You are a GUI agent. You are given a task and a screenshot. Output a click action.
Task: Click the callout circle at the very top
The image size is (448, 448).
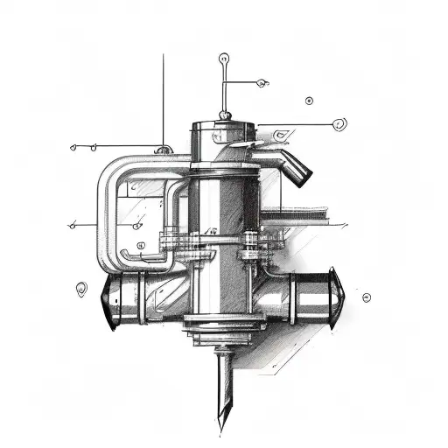click(224, 59)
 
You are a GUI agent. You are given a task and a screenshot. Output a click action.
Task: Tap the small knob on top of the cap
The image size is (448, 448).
click(225, 114)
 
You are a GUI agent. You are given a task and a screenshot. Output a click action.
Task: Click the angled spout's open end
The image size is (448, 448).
click(303, 177)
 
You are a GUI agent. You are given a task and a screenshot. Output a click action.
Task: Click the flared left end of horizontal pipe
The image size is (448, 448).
click(108, 302)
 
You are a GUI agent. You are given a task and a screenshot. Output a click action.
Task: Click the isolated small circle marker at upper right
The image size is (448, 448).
click(309, 101)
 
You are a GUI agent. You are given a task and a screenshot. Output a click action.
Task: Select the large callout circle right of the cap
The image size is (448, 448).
click(339, 123)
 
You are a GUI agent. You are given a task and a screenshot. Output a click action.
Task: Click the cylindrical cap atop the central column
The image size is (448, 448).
click(224, 134)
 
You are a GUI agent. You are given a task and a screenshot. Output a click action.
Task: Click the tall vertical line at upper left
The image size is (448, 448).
click(164, 96)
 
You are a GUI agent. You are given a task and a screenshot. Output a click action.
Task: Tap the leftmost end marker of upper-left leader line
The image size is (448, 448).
click(73, 147)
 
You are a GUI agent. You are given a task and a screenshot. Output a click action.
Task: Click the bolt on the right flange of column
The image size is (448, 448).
click(252, 244)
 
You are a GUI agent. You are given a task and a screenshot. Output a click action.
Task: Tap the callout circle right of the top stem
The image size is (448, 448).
click(263, 83)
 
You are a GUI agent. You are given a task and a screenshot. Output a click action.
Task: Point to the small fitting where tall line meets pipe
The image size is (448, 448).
click(164, 150)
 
